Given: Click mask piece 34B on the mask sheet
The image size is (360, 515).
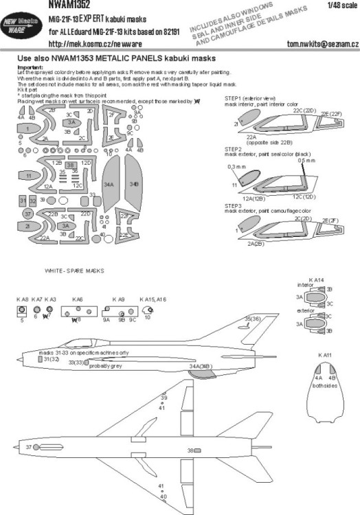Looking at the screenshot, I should (x=133, y=185).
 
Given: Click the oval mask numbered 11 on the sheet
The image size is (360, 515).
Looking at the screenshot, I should (x=29, y=176).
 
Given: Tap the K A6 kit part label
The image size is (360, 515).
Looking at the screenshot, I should (x=78, y=300).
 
